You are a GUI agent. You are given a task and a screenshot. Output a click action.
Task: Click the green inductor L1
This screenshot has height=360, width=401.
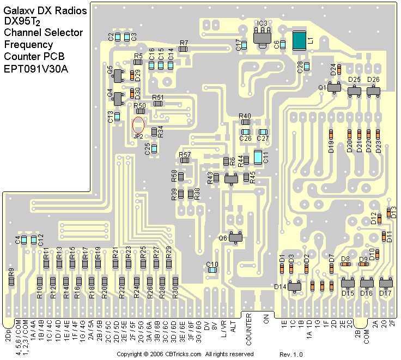tap(299, 41)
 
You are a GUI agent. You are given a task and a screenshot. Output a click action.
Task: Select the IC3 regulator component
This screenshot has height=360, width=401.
tap(262, 38)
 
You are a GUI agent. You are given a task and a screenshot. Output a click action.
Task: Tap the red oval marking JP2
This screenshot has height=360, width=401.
tap(138, 124)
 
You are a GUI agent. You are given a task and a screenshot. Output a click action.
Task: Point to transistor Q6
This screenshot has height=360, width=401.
tap(236, 237)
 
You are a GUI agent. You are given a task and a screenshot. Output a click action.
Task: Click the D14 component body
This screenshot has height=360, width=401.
tap(295, 286)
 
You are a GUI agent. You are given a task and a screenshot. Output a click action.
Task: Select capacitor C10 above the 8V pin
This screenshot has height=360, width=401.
tap(212, 269)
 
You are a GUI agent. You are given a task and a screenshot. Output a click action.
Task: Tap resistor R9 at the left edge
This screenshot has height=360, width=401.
tap(11, 281)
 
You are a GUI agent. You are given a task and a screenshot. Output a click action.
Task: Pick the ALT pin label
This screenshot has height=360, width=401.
tap(233, 327)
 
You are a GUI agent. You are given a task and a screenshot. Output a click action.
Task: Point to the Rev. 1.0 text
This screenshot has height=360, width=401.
tap(291, 355)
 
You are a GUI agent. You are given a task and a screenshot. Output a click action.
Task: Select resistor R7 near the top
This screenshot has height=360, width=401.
tap(184, 49)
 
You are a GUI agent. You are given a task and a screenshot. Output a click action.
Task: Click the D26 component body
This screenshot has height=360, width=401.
tap(373, 88)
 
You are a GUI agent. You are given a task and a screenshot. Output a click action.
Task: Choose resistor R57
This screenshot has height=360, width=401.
tap(185, 161)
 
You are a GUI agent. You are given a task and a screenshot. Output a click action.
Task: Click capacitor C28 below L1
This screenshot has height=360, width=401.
tap(307, 67)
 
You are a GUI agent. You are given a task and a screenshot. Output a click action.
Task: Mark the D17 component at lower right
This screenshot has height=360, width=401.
tap(386, 283)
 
